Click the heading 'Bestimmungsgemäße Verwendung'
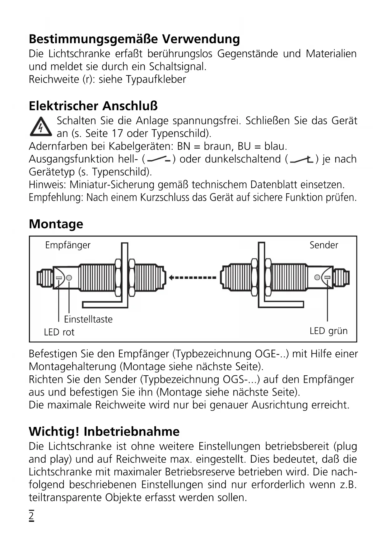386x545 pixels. [x=134, y=39]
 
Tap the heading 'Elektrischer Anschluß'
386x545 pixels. [x=93, y=106]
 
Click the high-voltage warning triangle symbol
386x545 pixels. [x=41, y=127]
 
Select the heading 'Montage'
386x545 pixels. [x=56, y=224]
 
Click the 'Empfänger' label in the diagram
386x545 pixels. [x=67, y=245]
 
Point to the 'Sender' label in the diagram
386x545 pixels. [x=323, y=245]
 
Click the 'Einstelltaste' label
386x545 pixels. [x=88, y=319]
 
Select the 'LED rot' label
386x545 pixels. [x=59, y=332]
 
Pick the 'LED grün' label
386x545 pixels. [x=328, y=331]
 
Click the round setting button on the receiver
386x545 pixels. [x=69, y=277]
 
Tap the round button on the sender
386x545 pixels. [x=317, y=277]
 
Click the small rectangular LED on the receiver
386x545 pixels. [x=59, y=277]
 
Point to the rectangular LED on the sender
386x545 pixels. [x=327, y=277]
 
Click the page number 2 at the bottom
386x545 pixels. [x=31, y=516]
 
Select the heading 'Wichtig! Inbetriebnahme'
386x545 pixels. [x=104, y=432]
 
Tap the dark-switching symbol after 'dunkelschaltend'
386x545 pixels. [x=301, y=160]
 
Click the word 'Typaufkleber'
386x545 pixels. [x=156, y=80]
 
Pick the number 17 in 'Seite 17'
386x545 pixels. [x=118, y=134]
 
